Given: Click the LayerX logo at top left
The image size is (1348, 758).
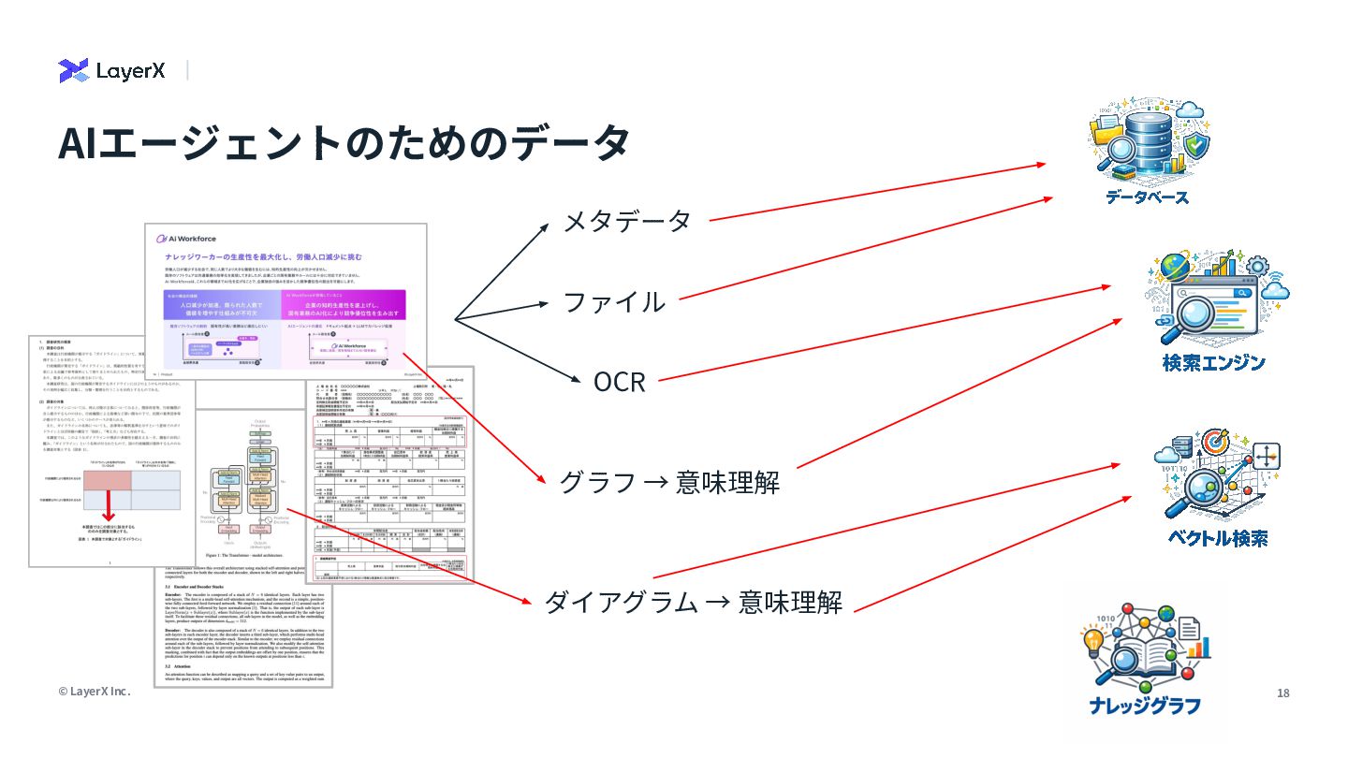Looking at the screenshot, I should (111, 70).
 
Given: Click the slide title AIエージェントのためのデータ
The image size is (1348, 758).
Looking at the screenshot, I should (343, 142).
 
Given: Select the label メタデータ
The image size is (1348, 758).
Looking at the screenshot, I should (626, 221).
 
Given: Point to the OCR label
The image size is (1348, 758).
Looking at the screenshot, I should (619, 382).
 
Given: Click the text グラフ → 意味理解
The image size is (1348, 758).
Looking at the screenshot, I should (668, 482).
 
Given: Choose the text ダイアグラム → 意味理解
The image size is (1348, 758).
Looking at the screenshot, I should (693, 602).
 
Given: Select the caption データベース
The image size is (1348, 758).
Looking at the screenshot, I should (1147, 197).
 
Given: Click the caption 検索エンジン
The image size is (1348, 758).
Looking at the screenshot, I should (1213, 363).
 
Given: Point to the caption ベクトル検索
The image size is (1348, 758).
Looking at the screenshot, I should (1217, 538).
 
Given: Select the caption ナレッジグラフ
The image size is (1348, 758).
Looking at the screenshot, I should (1145, 707).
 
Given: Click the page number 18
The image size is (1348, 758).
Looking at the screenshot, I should (1282, 693).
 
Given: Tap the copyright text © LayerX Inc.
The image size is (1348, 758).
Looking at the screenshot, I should (94, 692).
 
